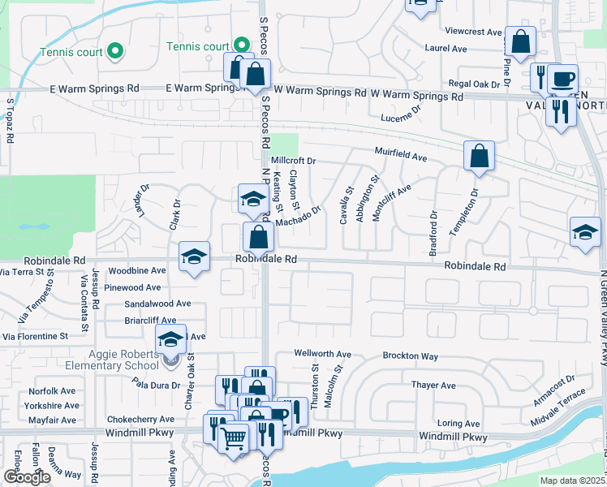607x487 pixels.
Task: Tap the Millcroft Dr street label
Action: pos(293,161)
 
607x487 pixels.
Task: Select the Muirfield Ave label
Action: pos(400,153)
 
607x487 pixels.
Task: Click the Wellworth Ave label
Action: pos(322,355)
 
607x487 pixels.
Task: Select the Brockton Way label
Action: pos(411,356)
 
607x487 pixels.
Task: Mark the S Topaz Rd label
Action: pos(11,121)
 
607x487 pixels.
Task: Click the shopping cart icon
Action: pos(235,438)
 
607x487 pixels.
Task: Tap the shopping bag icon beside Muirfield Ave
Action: pos(480,154)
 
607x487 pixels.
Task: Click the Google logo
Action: pos(27,477)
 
